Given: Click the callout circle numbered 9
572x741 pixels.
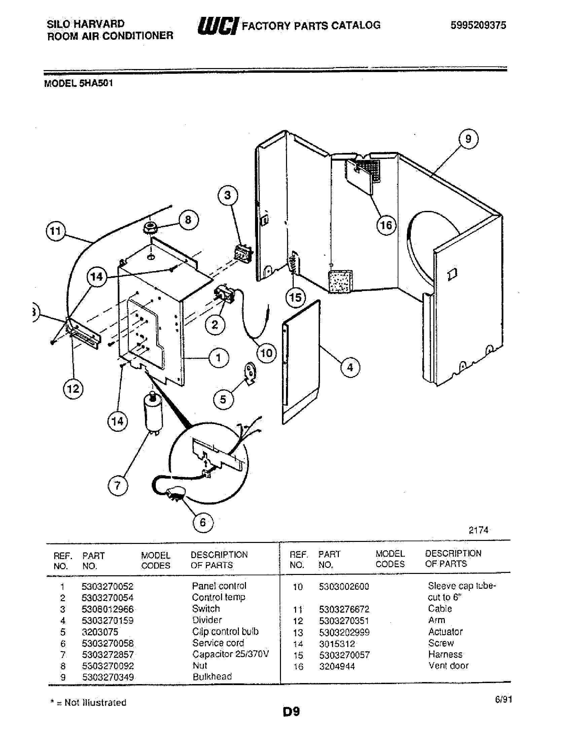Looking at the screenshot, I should click(468, 139).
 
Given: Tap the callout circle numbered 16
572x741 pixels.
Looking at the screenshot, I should click(386, 225).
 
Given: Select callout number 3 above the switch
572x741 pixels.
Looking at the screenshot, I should click(227, 195).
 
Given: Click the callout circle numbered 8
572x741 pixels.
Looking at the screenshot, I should click(188, 220).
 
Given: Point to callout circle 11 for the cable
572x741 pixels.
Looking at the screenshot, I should click(56, 231).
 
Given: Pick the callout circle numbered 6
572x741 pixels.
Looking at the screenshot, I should click(203, 522).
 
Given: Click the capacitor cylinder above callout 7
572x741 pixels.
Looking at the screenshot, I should click(153, 412).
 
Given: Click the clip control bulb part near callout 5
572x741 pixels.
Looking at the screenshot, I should click(251, 374).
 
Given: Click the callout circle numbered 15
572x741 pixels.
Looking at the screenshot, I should click(295, 297).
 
